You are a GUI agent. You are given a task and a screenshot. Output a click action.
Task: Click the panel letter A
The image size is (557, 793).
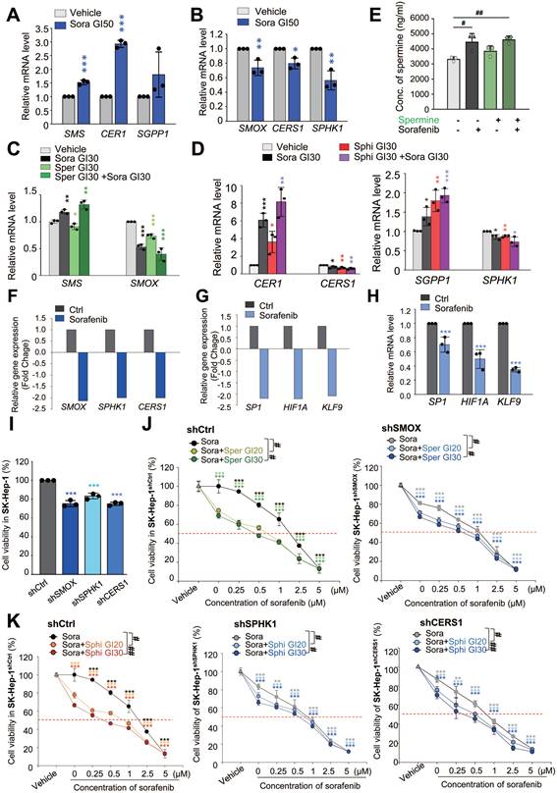[9, 10]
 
